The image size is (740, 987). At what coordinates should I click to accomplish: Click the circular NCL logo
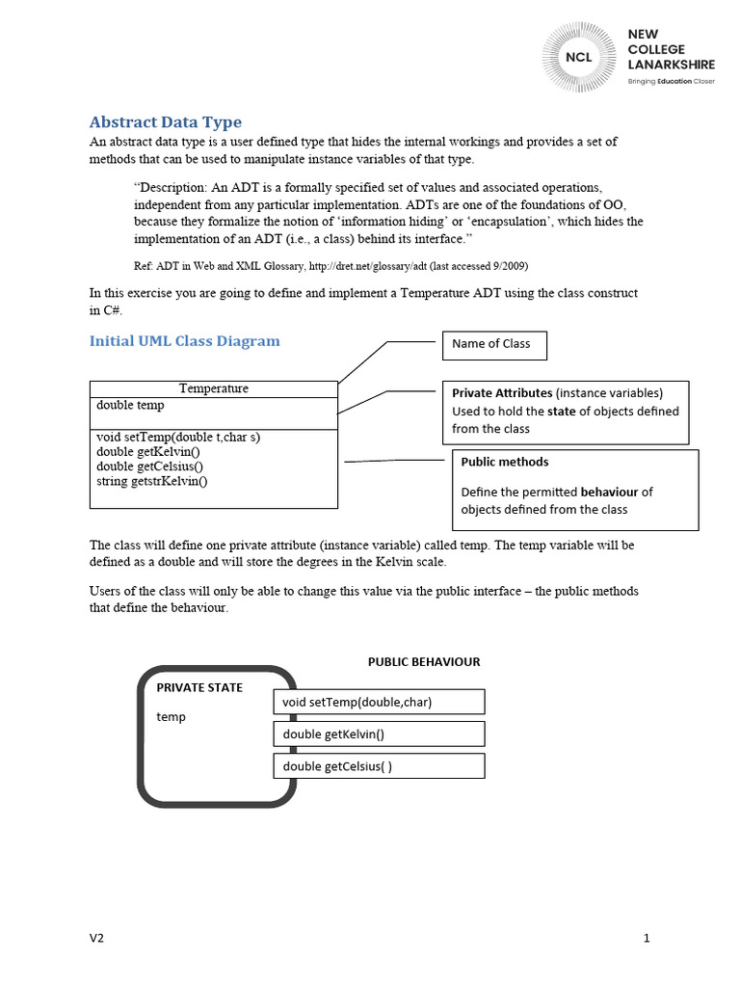tap(579, 56)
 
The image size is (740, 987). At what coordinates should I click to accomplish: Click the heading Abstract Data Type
tap(165, 122)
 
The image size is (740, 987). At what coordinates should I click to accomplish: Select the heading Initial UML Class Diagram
tap(184, 341)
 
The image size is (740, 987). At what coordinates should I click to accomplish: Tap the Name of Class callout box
tap(493, 345)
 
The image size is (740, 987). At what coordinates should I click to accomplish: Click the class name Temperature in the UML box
tap(213, 388)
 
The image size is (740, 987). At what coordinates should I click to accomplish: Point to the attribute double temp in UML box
tap(130, 406)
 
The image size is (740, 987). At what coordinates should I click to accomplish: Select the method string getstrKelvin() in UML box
tap(151, 481)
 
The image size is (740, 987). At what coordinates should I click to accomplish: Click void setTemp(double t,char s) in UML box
tap(178, 437)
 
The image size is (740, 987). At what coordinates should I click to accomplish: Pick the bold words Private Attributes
tap(502, 393)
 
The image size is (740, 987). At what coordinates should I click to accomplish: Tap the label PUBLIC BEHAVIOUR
tap(424, 662)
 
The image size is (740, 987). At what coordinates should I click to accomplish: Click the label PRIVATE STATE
tap(199, 688)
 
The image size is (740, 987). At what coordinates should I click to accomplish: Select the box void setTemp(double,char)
tap(379, 703)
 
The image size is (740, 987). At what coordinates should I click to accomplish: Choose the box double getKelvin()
tap(379, 734)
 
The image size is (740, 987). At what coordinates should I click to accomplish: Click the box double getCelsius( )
tap(379, 766)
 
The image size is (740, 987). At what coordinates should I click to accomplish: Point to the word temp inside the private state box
tap(172, 717)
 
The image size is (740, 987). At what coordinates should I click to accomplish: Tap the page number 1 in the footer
tap(647, 938)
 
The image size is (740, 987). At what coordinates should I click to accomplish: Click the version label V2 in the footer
tap(96, 938)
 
